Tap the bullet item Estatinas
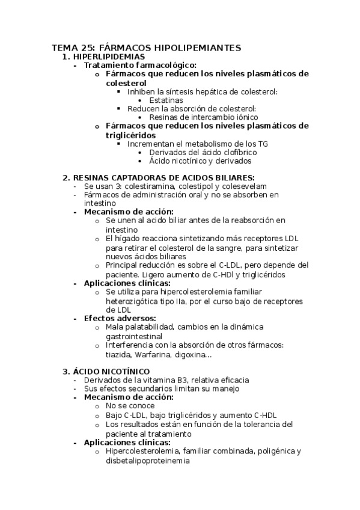coord(166,100)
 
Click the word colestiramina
coord(139,186)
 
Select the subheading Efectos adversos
coord(120,318)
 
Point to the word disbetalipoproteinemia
coord(147,461)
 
